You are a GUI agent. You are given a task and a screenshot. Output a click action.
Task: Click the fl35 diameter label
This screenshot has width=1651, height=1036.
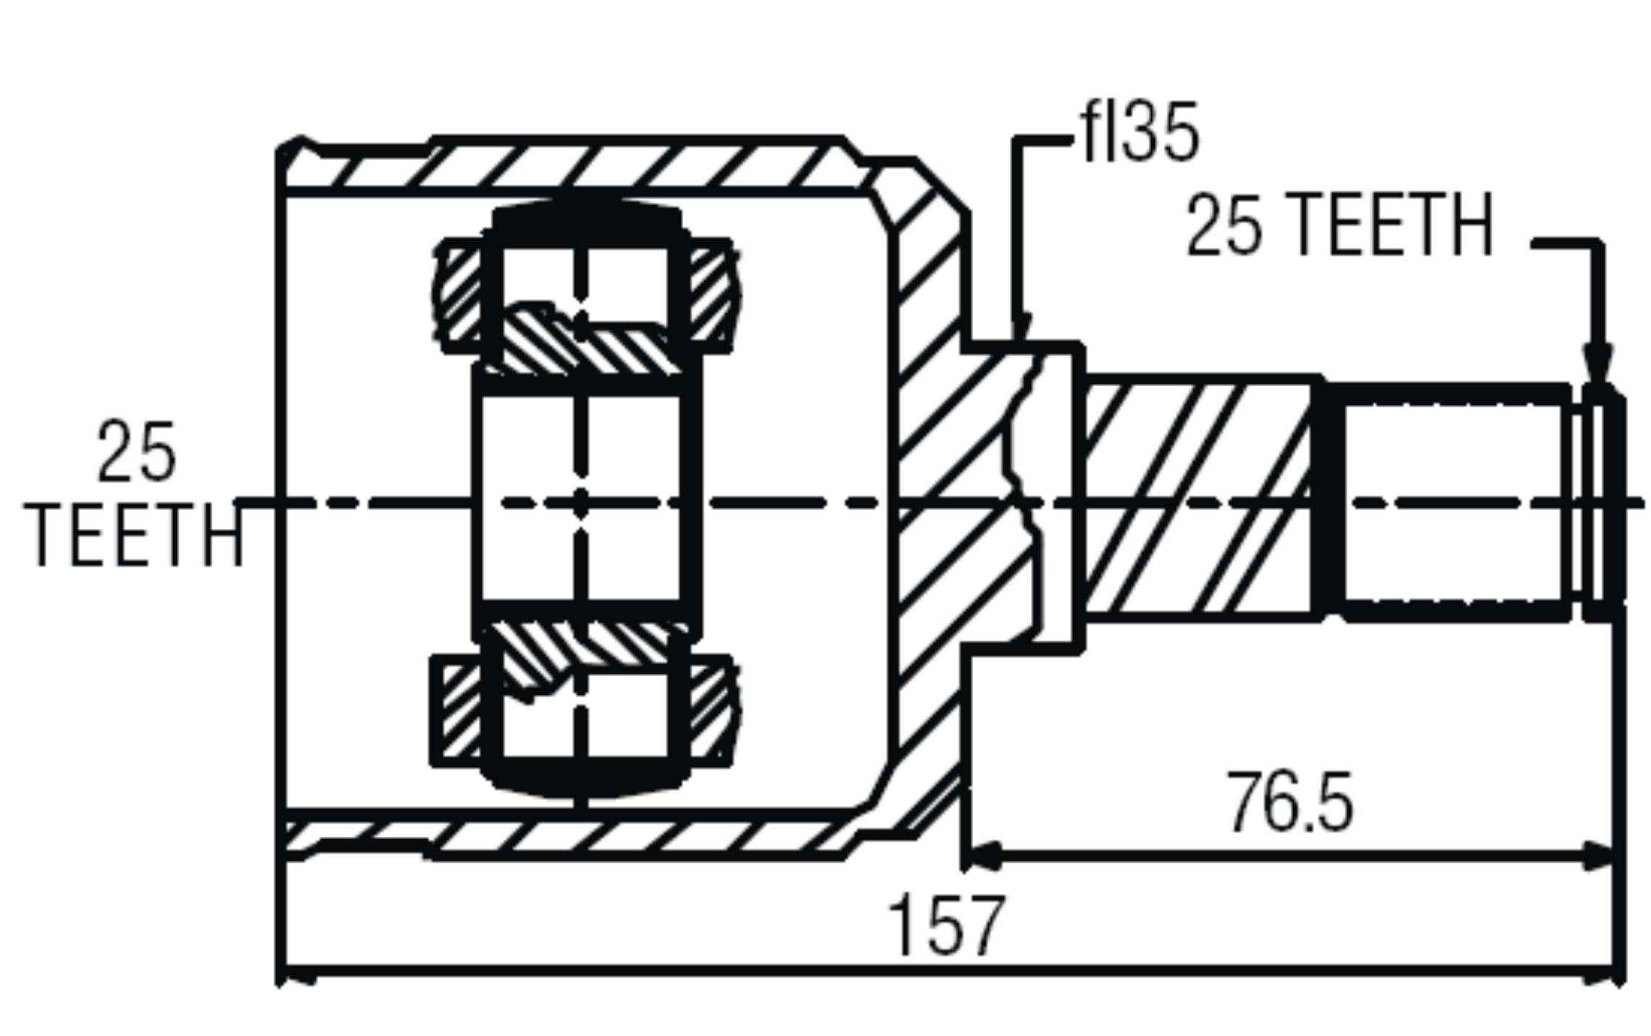click(1140, 133)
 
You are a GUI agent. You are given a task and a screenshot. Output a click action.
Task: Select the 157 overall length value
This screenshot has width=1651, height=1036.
click(946, 925)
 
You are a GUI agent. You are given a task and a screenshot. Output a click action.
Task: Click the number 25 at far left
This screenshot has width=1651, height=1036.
click(136, 451)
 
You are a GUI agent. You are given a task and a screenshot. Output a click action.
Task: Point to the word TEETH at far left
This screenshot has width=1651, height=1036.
click(135, 536)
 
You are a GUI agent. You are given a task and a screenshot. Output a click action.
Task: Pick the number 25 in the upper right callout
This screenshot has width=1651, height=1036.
click(1224, 225)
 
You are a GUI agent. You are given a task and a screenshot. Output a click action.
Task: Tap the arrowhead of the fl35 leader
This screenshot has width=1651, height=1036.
click(1021, 330)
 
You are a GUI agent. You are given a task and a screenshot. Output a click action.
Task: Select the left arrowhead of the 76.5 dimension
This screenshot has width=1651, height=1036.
click(982, 856)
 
